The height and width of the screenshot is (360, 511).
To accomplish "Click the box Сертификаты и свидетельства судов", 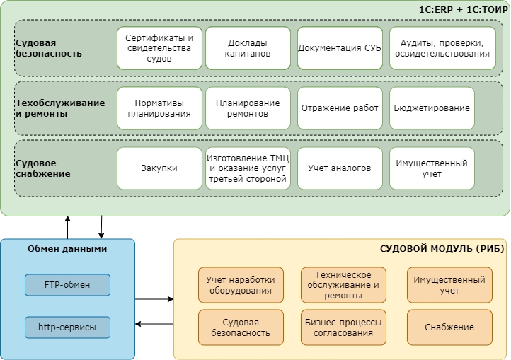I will coord(159,48).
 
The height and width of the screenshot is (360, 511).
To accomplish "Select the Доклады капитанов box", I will coord(248,48).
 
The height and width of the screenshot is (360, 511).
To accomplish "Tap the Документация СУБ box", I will coord(340,48).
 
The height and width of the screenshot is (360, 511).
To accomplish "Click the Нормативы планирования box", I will coord(159,108).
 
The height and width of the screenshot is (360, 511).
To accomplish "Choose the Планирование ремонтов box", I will coord(248,108).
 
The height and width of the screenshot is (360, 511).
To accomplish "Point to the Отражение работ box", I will coord(340,108).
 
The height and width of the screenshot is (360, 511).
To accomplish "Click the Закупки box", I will coord(159,168).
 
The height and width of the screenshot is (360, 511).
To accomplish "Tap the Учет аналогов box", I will coord(340,168).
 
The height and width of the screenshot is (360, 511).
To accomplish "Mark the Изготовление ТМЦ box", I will coord(248,168).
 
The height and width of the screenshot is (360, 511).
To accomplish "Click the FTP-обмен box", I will coord(67,285).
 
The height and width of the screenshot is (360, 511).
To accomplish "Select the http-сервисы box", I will coord(67,327).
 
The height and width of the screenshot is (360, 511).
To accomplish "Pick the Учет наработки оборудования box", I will coord(241,285).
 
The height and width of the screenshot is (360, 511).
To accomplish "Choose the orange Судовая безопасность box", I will coord(241,327).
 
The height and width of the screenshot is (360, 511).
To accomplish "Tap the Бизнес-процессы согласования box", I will coord(343,327).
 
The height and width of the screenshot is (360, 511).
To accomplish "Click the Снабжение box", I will coord(449,327).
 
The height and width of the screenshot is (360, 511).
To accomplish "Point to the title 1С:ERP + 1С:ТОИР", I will coord(460,10).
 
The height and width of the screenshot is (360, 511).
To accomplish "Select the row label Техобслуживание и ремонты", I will coord(60,108).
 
